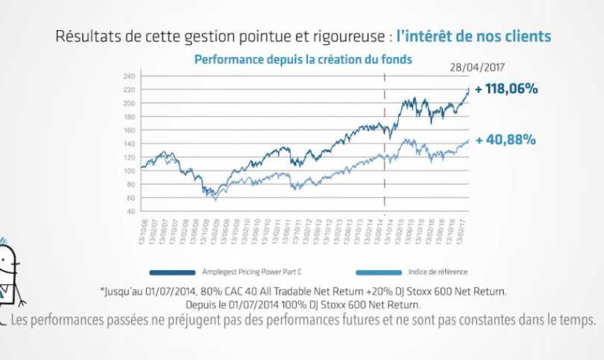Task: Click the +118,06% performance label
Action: click(x=506, y=89)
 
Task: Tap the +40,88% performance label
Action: click(x=506, y=140)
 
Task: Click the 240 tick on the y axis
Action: click(x=130, y=76)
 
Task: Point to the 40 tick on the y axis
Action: click(x=132, y=211)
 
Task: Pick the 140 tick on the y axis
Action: click(x=130, y=144)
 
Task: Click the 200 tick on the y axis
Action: click(x=130, y=103)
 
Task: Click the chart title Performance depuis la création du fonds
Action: click(x=302, y=59)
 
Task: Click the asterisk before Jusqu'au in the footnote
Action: click(x=103, y=290)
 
